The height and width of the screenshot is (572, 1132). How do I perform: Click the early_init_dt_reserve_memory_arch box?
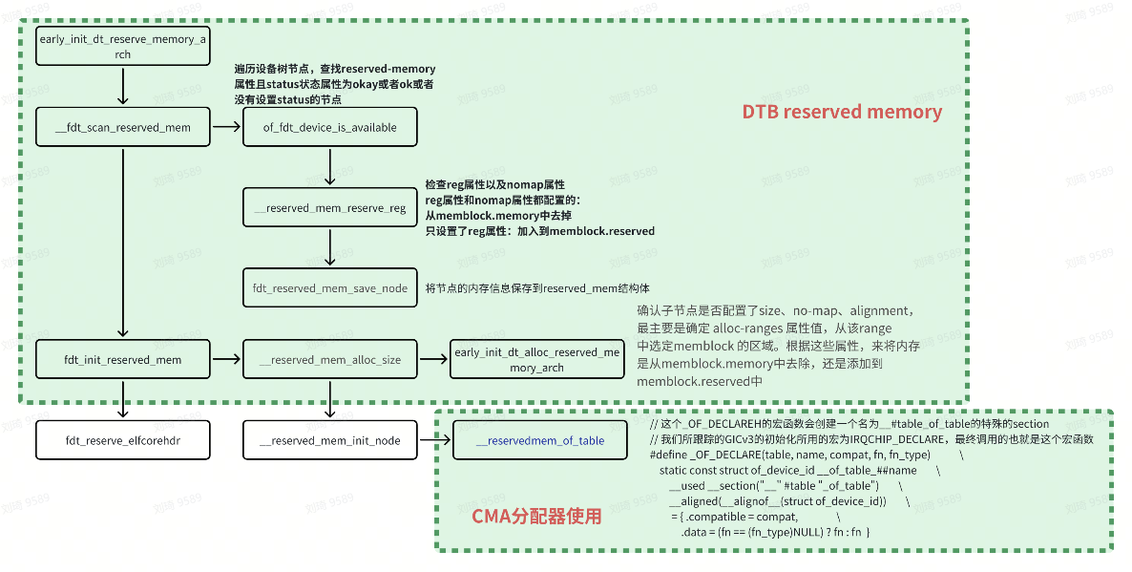(x=122, y=47)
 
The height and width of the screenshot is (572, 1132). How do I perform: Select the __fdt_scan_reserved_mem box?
(x=122, y=127)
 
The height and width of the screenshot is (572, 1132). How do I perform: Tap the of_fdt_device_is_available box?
(x=330, y=127)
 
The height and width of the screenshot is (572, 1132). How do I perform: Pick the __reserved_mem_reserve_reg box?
(x=330, y=207)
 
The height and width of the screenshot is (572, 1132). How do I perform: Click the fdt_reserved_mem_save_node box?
(x=330, y=288)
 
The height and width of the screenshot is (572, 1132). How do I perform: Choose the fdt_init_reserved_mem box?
(x=122, y=360)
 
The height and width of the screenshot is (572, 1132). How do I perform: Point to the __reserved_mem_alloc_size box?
(x=330, y=360)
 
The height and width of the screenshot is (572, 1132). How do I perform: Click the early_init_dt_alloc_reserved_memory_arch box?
(x=536, y=360)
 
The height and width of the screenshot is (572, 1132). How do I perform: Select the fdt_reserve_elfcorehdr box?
(x=122, y=440)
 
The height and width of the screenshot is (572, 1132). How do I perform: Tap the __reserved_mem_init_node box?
(x=330, y=440)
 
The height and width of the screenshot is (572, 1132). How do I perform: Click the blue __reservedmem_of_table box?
(x=539, y=440)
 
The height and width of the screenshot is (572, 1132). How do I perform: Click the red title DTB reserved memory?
(x=842, y=113)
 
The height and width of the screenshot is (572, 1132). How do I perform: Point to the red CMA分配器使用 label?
(x=536, y=517)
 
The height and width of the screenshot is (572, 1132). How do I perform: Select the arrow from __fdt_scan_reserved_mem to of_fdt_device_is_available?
(x=226, y=127)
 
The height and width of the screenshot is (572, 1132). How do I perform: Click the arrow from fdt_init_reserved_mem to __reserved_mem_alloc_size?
(x=226, y=360)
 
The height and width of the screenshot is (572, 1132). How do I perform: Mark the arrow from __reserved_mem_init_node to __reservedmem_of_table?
(x=434, y=440)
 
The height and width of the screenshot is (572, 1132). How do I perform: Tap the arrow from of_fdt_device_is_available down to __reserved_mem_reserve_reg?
(x=330, y=167)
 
